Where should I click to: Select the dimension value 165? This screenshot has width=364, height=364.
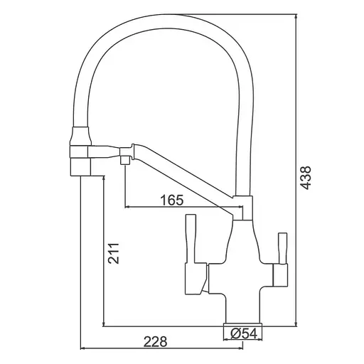point(172,200)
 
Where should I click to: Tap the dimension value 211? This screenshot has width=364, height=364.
point(114,253)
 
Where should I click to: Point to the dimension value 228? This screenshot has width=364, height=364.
point(156,341)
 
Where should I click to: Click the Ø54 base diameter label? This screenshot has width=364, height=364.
point(244,334)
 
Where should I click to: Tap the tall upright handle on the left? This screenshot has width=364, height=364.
point(191,239)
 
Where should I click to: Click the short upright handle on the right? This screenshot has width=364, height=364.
point(283,248)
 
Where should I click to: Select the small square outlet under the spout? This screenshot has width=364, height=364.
point(125,160)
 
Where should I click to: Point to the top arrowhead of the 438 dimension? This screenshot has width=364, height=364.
point(296,17)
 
